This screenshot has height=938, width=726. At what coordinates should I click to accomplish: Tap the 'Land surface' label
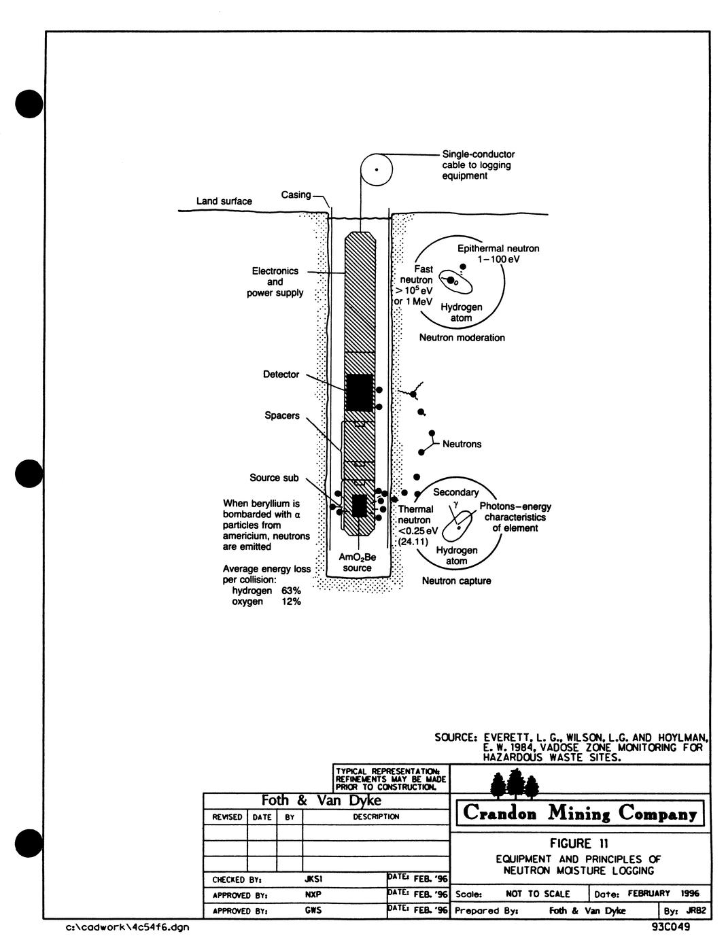[224, 201]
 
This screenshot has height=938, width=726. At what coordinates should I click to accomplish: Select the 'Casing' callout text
[296, 195]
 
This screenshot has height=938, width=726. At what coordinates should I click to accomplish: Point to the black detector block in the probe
[359, 392]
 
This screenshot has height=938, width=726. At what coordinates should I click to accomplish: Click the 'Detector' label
[281, 375]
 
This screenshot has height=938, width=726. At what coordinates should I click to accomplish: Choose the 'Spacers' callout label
[282, 415]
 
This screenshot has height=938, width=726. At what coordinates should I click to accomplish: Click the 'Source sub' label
[274, 478]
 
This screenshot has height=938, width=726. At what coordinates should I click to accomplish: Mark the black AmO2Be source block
[359, 506]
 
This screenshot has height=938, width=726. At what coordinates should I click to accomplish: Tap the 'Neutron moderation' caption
[462, 338]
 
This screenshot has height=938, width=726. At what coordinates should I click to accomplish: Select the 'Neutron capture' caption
[456, 581]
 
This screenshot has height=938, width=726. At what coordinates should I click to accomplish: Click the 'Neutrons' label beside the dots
[462, 444]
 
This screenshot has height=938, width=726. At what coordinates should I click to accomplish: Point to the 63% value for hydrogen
[291, 591]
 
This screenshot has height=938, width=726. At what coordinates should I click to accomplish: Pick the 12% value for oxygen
[291, 602]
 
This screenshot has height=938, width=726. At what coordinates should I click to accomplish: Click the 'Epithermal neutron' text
[498, 249]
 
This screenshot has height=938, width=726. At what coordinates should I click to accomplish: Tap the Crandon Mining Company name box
[580, 813]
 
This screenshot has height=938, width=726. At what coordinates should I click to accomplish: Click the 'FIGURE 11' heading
[580, 844]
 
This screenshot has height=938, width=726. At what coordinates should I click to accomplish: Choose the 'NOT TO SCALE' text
[538, 894]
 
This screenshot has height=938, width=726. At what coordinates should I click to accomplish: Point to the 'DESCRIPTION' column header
[375, 816]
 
